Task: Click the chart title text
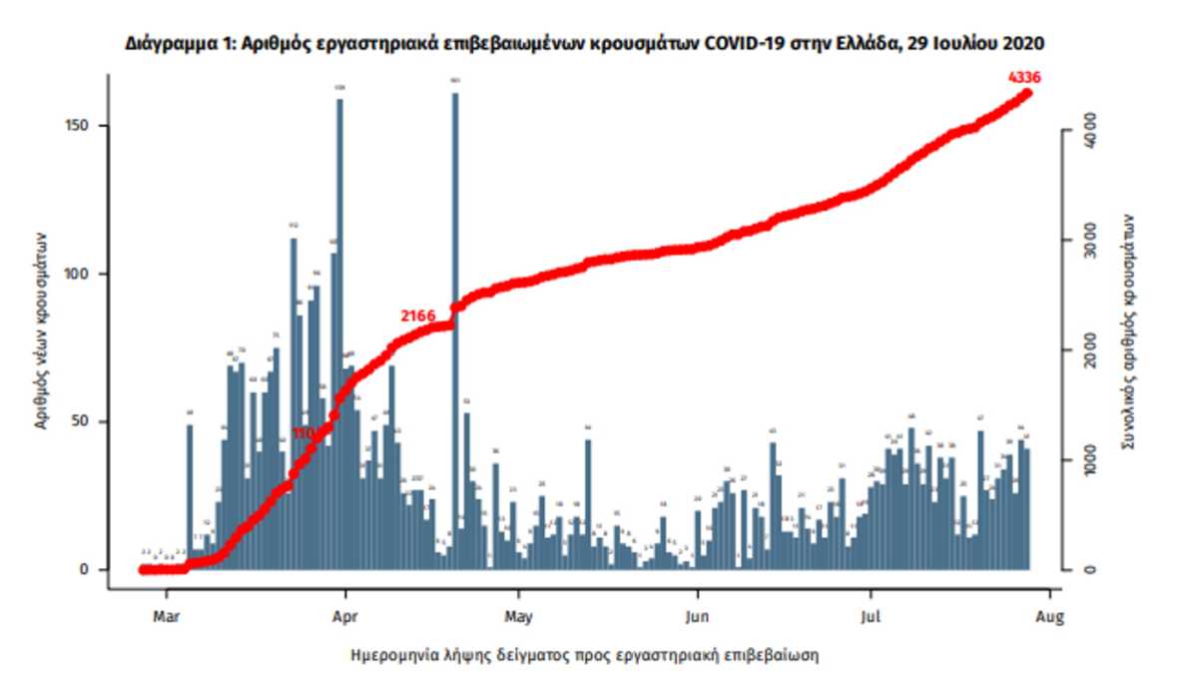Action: click(586, 45)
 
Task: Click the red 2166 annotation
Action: click(418, 316)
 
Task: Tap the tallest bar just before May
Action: click(455, 330)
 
